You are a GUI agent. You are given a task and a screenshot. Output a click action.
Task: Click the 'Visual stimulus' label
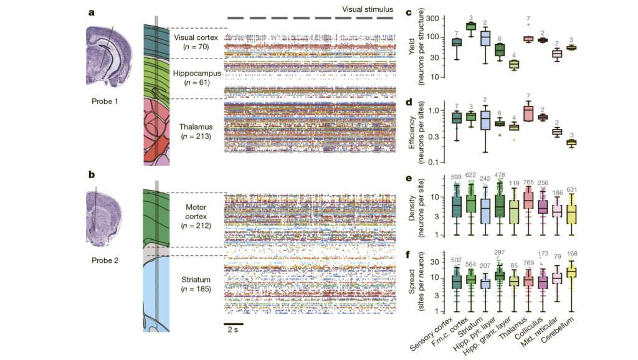[x=368, y=9]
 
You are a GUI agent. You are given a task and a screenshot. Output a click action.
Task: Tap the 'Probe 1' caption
[x=105, y=102]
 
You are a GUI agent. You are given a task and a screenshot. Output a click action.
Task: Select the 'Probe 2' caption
[x=105, y=260]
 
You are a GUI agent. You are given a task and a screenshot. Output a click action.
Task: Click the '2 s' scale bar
[x=233, y=324]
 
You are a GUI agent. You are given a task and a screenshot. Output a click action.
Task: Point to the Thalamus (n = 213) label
[x=196, y=131]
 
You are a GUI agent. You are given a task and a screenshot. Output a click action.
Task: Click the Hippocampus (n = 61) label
[x=197, y=78]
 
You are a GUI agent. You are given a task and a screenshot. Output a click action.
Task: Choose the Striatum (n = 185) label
[x=196, y=285]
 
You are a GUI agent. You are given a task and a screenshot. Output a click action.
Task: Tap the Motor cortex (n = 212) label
[x=196, y=216]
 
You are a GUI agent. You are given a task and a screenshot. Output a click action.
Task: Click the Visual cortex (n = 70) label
[x=196, y=42]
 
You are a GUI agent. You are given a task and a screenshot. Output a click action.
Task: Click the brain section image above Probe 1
[x=109, y=56]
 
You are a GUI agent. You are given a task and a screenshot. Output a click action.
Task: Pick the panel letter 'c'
[x=409, y=12]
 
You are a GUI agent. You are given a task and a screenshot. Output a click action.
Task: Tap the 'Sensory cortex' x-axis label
[x=431, y=334]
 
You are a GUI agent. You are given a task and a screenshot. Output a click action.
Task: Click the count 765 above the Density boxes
[x=528, y=182]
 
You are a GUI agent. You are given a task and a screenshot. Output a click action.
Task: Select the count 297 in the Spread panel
[x=500, y=253]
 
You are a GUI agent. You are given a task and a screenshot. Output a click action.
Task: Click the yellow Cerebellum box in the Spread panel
[x=572, y=273]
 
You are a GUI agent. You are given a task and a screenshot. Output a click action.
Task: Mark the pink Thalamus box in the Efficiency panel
[x=528, y=113]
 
